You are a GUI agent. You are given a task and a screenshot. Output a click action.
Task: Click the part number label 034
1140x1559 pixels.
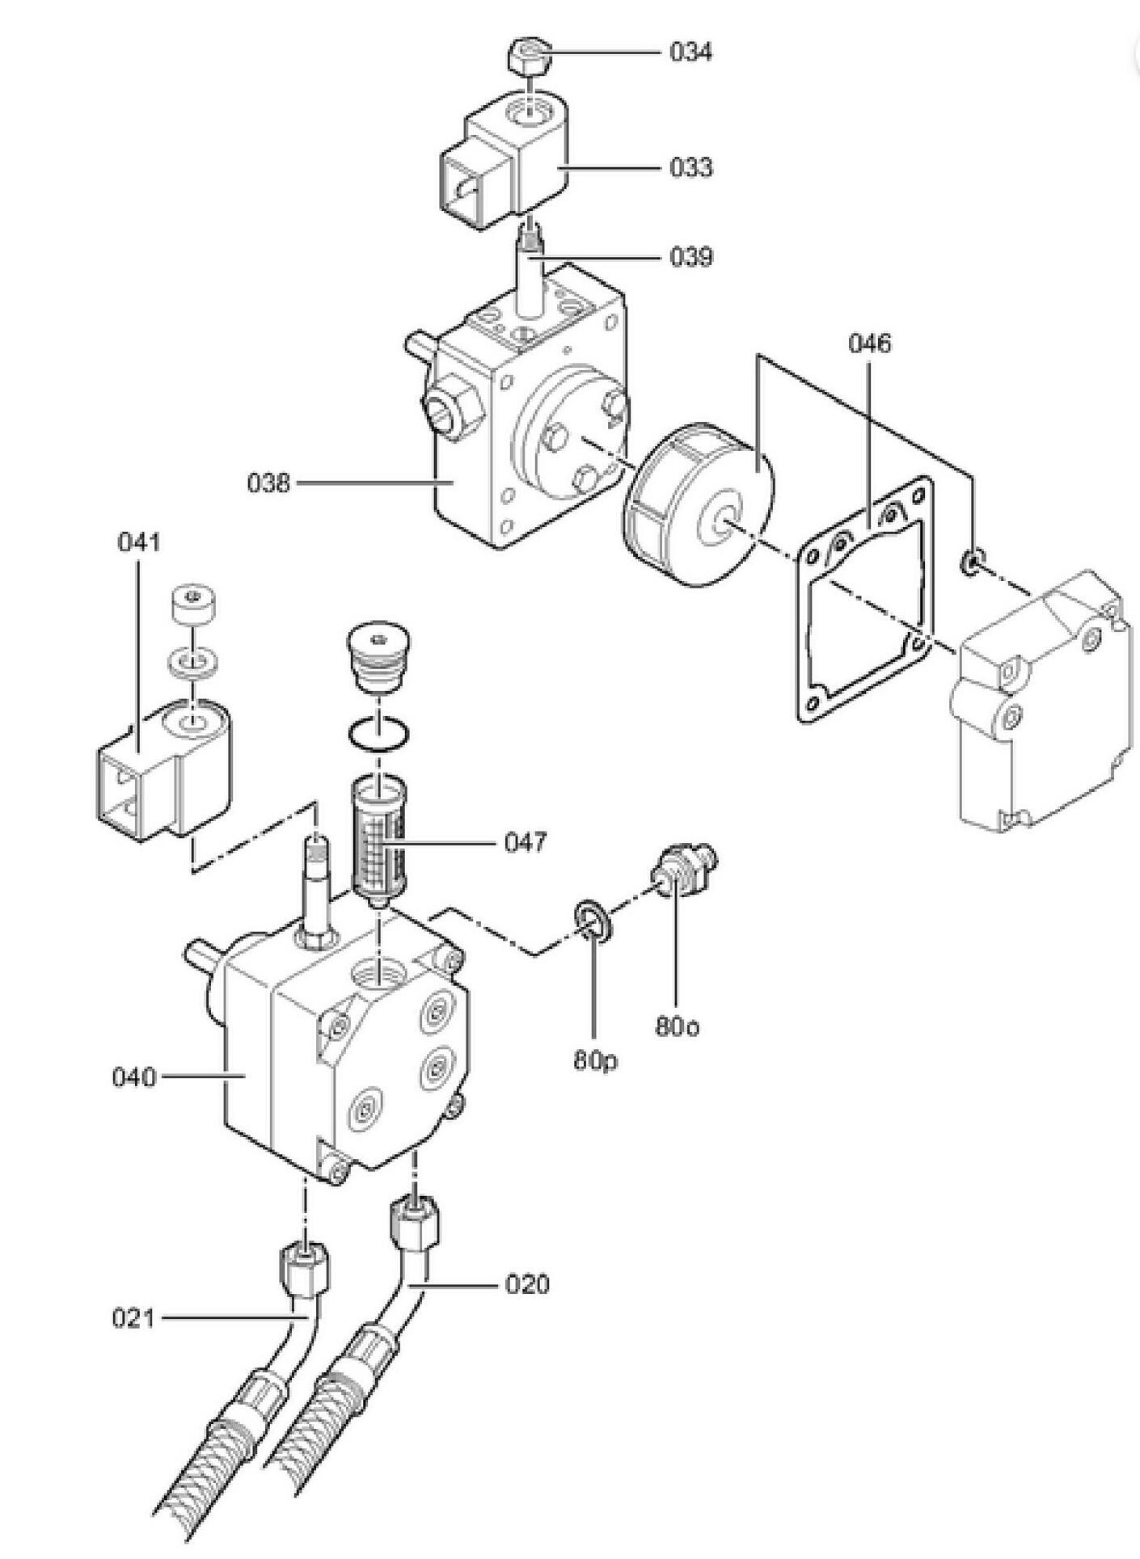coord(690,53)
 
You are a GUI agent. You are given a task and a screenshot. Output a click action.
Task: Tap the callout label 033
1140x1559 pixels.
coord(690,168)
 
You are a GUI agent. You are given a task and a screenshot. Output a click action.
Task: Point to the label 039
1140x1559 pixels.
coord(690,257)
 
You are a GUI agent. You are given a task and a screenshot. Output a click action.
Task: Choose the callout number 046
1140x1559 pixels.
coord(869,343)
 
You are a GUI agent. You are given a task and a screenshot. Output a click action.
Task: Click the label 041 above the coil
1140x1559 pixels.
coord(139,541)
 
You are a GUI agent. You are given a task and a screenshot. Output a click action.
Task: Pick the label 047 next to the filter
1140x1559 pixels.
coord(526,843)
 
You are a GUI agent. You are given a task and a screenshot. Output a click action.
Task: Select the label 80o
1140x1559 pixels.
coord(678,1027)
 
